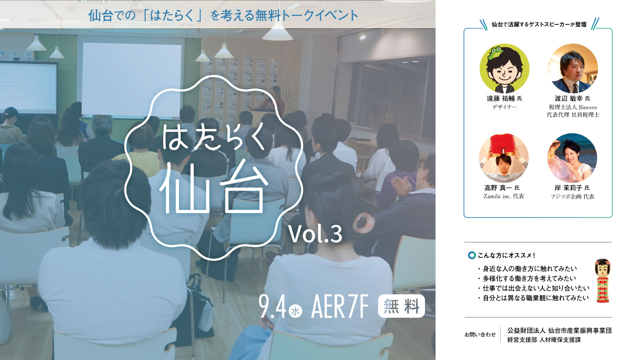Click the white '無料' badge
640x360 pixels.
(401, 306)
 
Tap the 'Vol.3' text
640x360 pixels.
(315, 234)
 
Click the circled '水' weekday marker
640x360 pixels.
(295, 311)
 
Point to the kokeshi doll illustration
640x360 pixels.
(603, 281)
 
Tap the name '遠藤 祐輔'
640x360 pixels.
(501, 99)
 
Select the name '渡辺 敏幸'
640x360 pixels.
(569, 99)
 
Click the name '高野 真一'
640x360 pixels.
(498, 188)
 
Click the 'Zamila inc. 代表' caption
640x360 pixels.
(504, 196)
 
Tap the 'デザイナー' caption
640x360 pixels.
(504, 107)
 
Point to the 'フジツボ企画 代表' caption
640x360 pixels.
(572, 197)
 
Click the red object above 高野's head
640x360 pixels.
(503, 144)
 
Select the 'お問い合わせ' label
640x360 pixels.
(480, 335)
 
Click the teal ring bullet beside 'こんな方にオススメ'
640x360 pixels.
(472, 255)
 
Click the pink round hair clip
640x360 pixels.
(363, 223)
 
